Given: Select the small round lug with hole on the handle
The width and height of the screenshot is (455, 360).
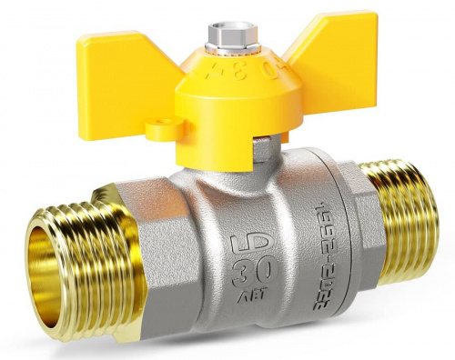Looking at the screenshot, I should [164, 131].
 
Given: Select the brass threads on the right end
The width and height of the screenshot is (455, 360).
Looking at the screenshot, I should [400, 218].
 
